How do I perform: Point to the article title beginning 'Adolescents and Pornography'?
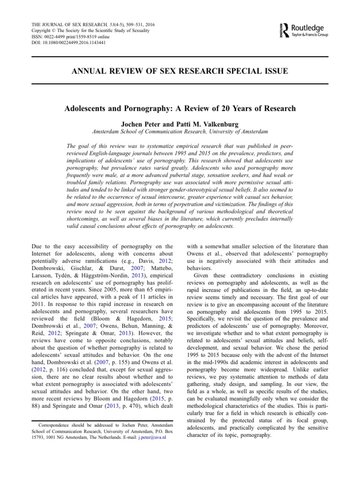click(x=180, y=109)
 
